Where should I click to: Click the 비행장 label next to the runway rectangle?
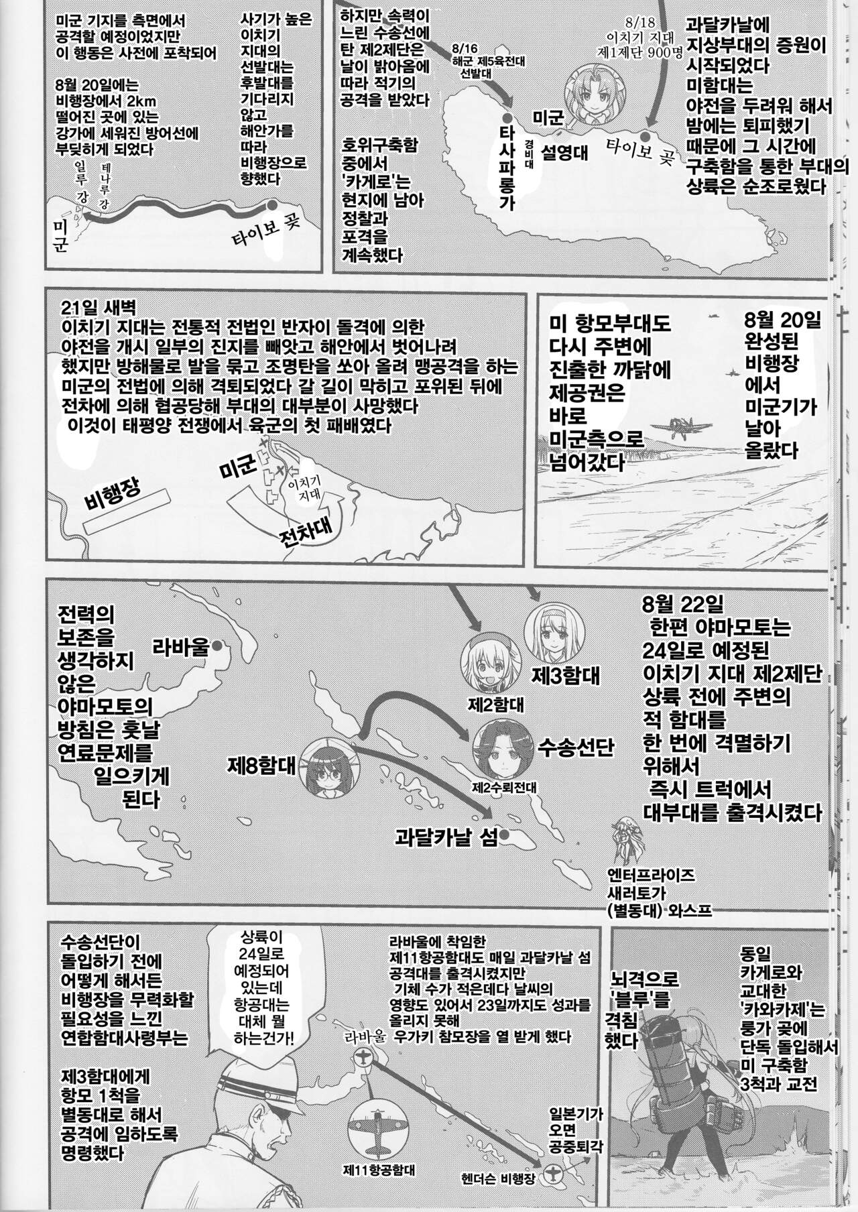pos(112,493)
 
